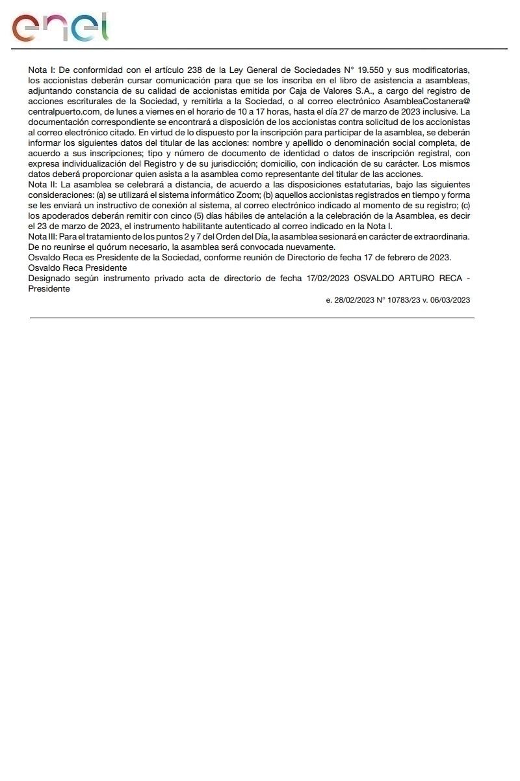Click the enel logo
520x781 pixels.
[60, 28]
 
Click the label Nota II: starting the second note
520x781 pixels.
[42, 185]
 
